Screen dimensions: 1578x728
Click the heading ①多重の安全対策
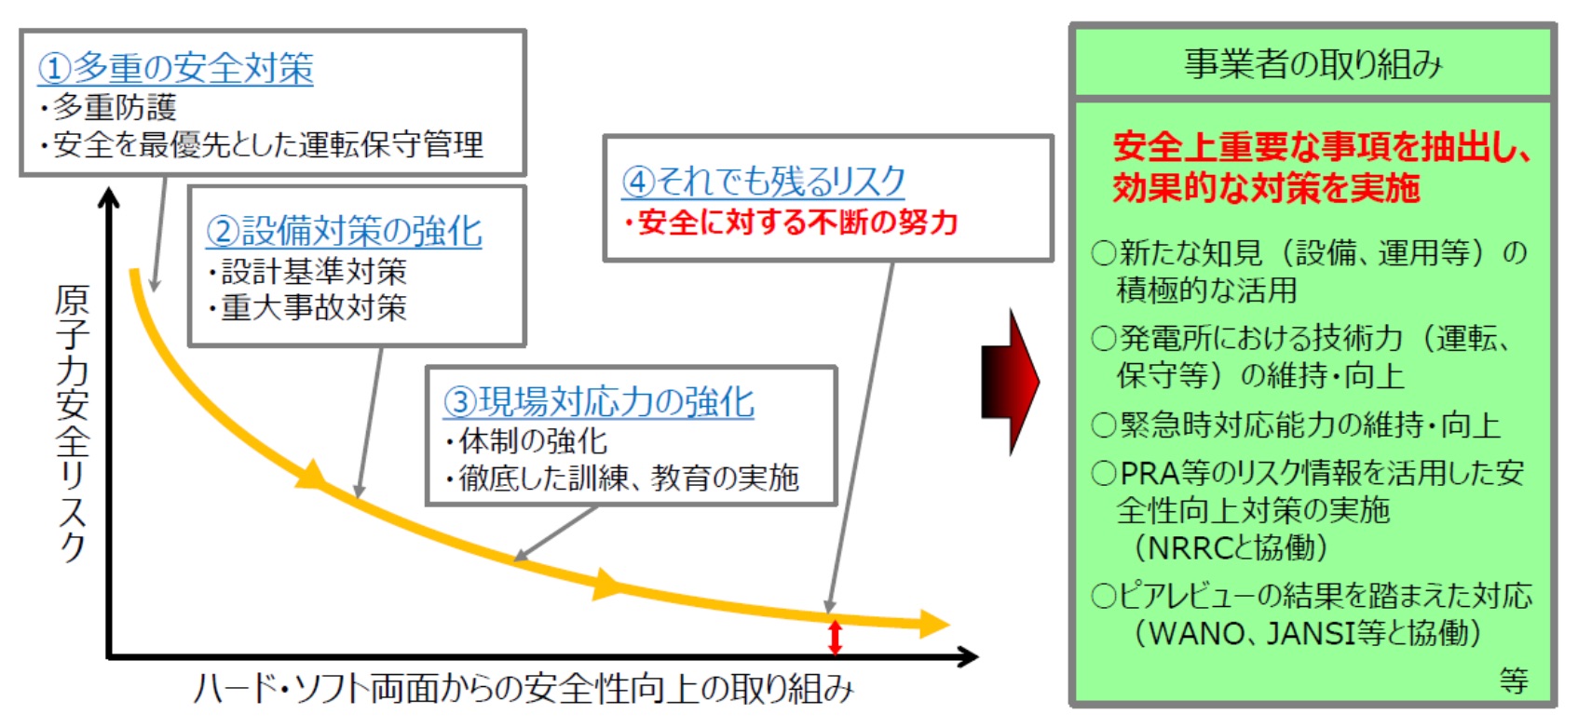(x=175, y=68)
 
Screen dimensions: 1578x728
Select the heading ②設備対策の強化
(x=344, y=231)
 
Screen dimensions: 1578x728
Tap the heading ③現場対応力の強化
(x=599, y=402)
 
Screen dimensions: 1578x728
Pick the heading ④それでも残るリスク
(x=763, y=181)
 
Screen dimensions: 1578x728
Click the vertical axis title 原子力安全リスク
(x=73, y=424)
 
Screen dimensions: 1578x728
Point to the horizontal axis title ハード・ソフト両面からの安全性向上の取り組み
(x=523, y=688)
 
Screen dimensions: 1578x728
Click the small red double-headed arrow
(x=835, y=637)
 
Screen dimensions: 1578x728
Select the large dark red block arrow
(x=1011, y=382)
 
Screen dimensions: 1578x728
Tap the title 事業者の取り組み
(x=1313, y=64)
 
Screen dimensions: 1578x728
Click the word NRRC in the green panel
(x=1191, y=547)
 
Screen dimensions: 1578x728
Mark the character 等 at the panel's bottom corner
(x=1514, y=681)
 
